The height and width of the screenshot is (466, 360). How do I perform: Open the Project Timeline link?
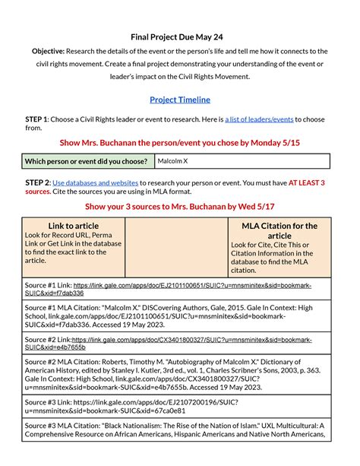click(x=180, y=100)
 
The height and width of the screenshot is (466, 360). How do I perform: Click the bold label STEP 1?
click(x=37, y=119)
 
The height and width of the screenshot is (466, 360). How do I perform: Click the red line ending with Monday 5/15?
click(x=180, y=142)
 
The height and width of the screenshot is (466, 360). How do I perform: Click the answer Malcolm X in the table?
click(x=172, y=161)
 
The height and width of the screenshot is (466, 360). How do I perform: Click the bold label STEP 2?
click(x=37, y=183)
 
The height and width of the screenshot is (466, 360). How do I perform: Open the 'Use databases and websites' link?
click(x=96, y=183)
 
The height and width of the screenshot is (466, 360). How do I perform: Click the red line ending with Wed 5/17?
click(x=180, y=206)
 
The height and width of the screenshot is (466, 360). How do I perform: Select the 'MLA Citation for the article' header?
click(x=279, y=231)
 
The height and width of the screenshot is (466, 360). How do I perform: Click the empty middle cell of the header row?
click(x=176, y=248)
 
